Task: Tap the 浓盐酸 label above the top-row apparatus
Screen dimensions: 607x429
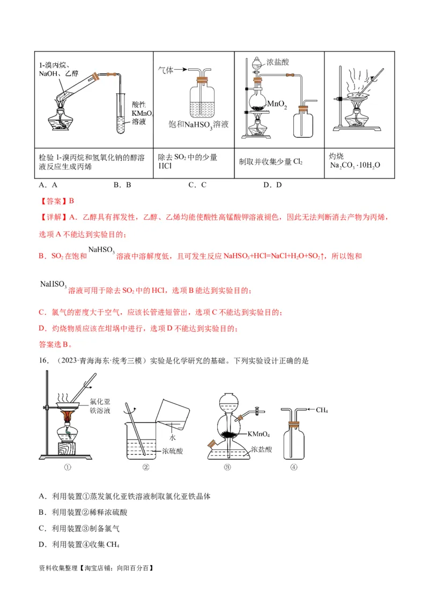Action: (x=278, y=62)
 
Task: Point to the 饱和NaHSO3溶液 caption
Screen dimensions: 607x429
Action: (x=198, y=124)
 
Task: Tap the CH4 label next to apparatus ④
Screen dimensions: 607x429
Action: (x=322, y=411)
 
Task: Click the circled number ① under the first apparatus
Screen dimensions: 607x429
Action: (x=68, y=467)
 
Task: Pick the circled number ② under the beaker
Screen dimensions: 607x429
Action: (x=145, y=467)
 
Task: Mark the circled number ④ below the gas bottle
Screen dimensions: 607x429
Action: (x=293, y=467)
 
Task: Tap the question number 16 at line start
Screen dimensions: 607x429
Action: (x=44, y=361)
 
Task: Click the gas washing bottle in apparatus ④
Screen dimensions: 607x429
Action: (x=293, y=440)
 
